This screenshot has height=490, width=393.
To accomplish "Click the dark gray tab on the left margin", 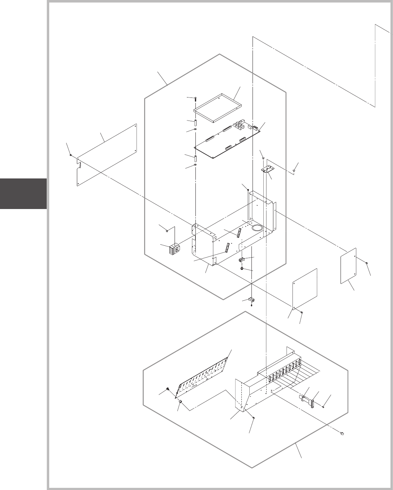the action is tap(23, 193).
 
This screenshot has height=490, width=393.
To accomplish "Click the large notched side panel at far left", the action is tap(107, 155).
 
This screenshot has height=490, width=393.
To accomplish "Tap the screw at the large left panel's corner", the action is tap(71, 155).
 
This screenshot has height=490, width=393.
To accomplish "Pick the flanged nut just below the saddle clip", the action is tap(241, 268).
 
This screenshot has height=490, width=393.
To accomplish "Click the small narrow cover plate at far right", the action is tap(348, 266).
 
